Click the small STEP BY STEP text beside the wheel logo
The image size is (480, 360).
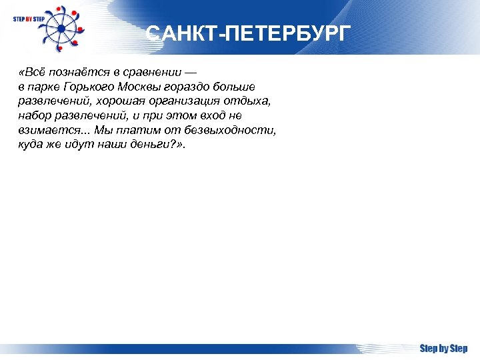(27, 19)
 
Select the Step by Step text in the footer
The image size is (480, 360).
(443, 349)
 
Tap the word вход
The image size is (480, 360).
(215, 116)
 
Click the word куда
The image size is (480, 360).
(30, 145)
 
